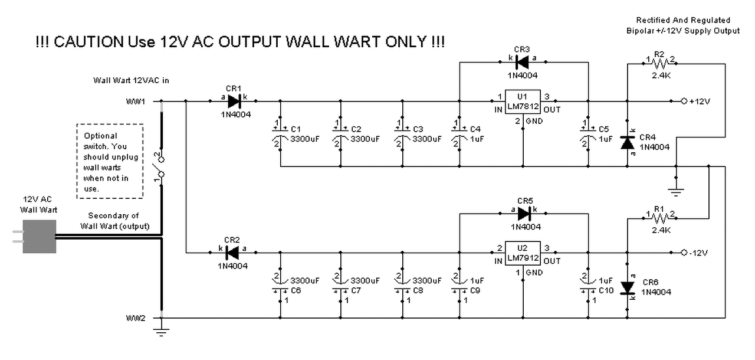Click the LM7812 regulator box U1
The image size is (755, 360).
(523, 102)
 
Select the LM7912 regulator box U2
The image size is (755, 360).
(523, 253)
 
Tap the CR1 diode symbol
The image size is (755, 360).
(234, 101)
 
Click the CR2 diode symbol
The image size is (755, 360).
(232, 253)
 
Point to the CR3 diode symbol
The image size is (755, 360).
(522, 62)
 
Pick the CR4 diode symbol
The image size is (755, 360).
(627, 143)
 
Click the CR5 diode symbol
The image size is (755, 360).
(524, 214)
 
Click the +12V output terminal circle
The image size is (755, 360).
(684, 101)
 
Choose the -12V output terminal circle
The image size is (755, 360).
(684, 253)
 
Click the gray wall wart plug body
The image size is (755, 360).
(40, 237)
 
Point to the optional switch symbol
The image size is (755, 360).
(159, 167)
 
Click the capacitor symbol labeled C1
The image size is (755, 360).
(280, 134)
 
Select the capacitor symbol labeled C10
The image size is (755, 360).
(588, 286)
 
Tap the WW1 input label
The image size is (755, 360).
(136, 102)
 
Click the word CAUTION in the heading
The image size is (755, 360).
(88, 42)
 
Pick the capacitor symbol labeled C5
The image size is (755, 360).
(588, 134)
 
